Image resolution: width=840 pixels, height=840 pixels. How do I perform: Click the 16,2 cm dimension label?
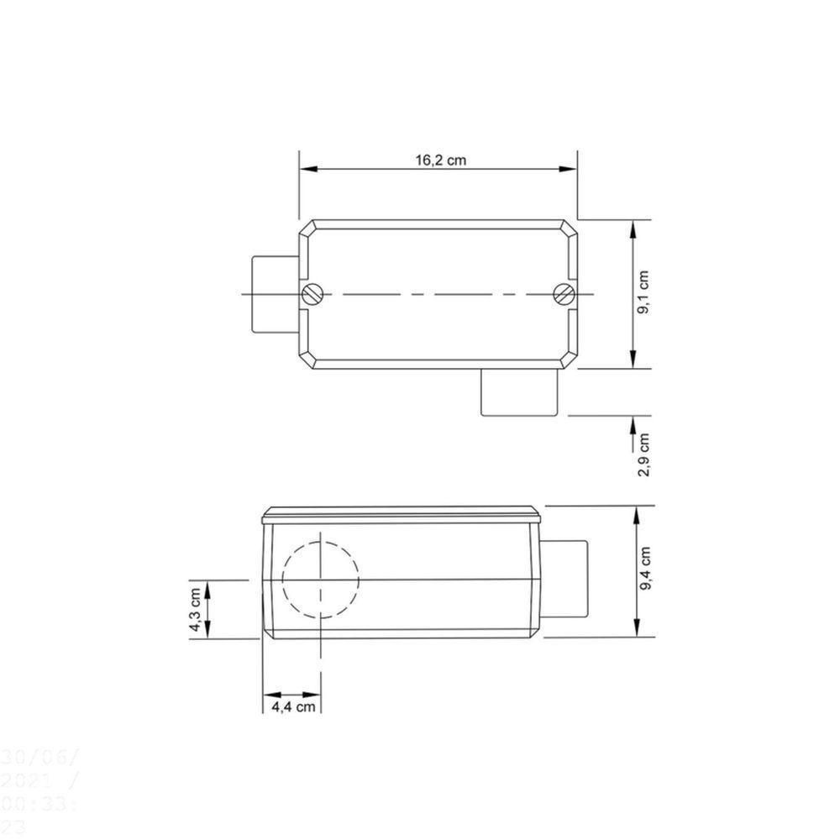(439, 160)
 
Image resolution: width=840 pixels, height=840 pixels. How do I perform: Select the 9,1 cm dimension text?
(645, 293)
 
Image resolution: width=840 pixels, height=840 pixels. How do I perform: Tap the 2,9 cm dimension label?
(644, 454)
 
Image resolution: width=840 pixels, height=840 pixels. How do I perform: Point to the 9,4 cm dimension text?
(645, 570)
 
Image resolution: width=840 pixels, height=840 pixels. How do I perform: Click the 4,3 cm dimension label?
(195, 610)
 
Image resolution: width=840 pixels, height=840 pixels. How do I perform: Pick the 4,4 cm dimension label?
(293, 707)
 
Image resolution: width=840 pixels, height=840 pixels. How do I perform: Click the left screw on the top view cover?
(312, 294)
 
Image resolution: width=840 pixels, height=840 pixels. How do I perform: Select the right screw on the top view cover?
(564, 294)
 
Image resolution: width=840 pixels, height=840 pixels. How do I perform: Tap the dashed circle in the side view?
(321, 579)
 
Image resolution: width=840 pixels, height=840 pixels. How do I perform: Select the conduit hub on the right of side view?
(566, 579)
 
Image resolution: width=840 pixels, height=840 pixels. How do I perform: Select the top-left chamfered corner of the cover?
(307, 227)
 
